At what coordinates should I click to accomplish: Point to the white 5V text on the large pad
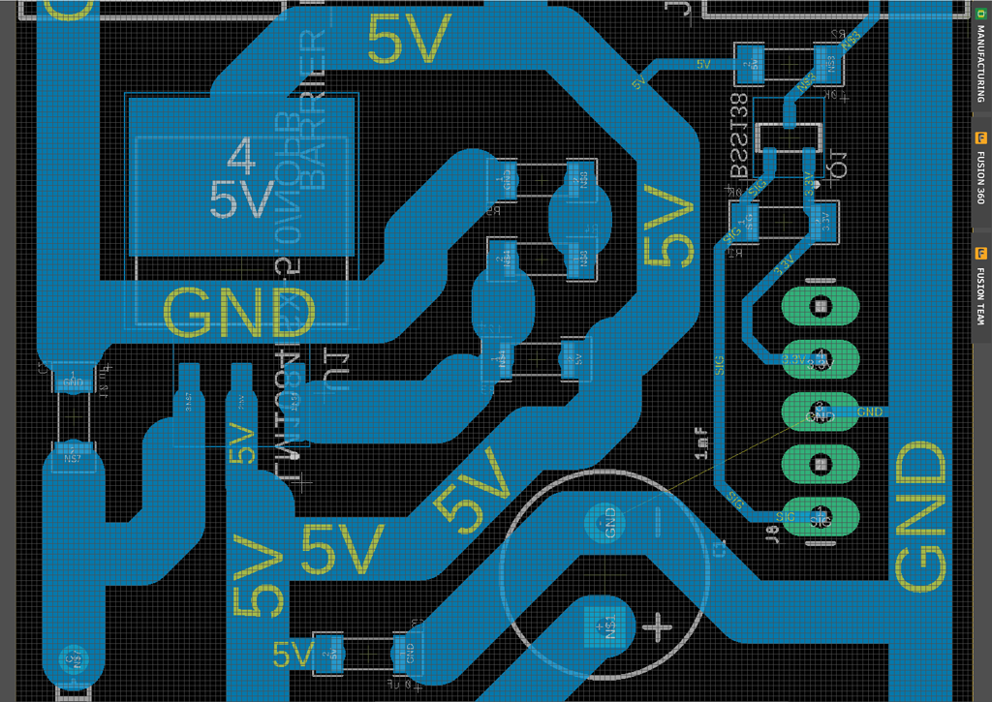(242, 200)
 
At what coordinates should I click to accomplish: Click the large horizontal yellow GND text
(239, 312)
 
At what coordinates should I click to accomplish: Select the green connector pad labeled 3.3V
(820, 359)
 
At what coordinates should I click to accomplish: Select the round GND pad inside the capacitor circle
(609, 523)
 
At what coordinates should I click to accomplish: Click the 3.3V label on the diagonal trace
(783, 262)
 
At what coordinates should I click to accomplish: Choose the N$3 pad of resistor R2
(829, 64)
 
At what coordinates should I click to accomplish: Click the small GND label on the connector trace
(870, 412)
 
